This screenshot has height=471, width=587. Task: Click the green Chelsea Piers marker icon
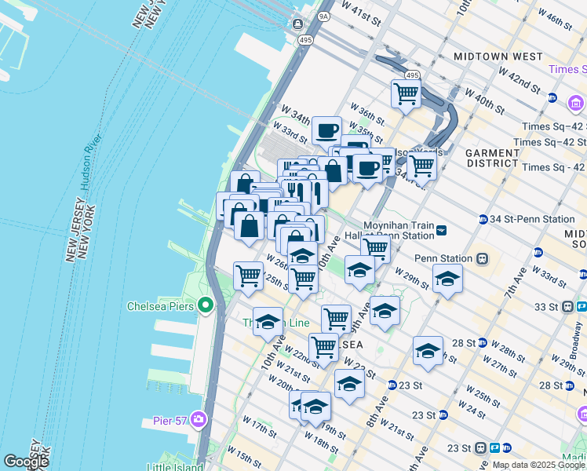pyautogui.click(x=206, y=305)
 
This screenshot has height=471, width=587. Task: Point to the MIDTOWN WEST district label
pyautogui.click(x=498, y=57)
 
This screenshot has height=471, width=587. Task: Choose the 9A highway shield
pyautogui.click(x=324, y=15)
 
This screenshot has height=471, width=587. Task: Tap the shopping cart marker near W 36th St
pyautogui.click(x=406, y=93)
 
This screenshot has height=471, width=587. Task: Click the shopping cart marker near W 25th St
pyautogui.click(x=248, y=276)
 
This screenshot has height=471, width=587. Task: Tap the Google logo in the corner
pyautogui.click(x=27, y=462)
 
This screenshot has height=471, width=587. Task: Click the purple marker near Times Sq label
pyautogui.click(x=576, y=104)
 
